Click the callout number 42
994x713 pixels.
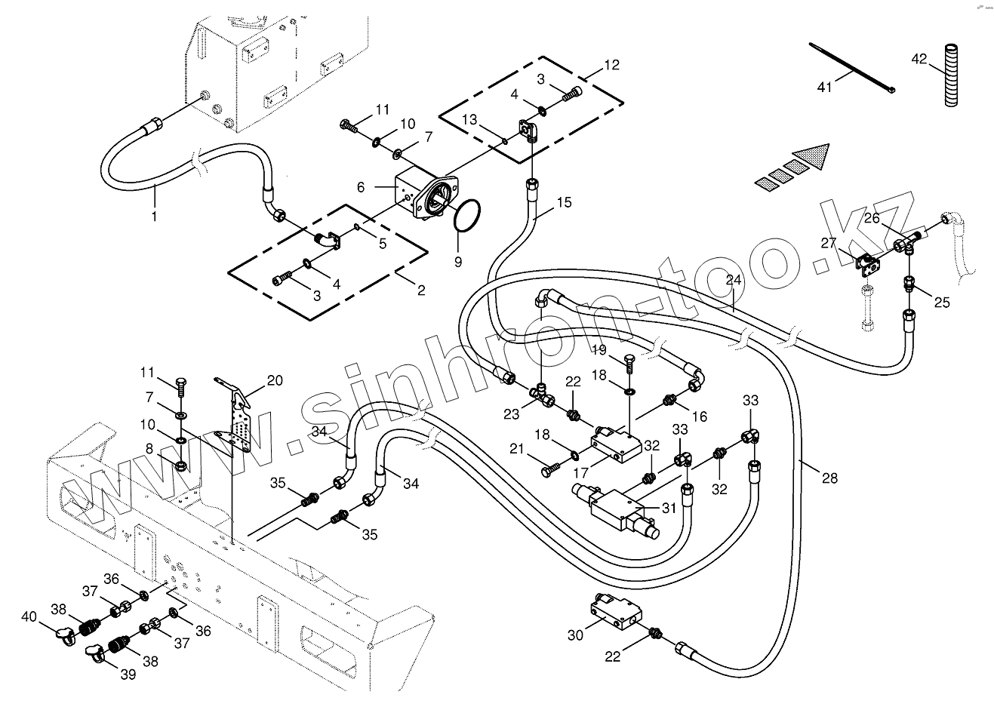click(919, 58)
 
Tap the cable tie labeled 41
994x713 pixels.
click(853, 69)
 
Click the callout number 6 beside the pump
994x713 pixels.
click(362, 186)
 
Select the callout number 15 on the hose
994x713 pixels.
click(565, 202)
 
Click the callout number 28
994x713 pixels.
click(829, 478)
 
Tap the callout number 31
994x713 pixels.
click(669, 508)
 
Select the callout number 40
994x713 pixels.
click(29, 616)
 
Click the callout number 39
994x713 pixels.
click(128, 675)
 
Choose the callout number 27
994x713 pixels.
click(829, 243)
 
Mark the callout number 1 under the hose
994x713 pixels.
click(154, 216)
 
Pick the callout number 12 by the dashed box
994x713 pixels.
click(611, 65)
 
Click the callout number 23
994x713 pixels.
click(512, 413)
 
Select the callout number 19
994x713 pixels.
click(599, 350)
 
